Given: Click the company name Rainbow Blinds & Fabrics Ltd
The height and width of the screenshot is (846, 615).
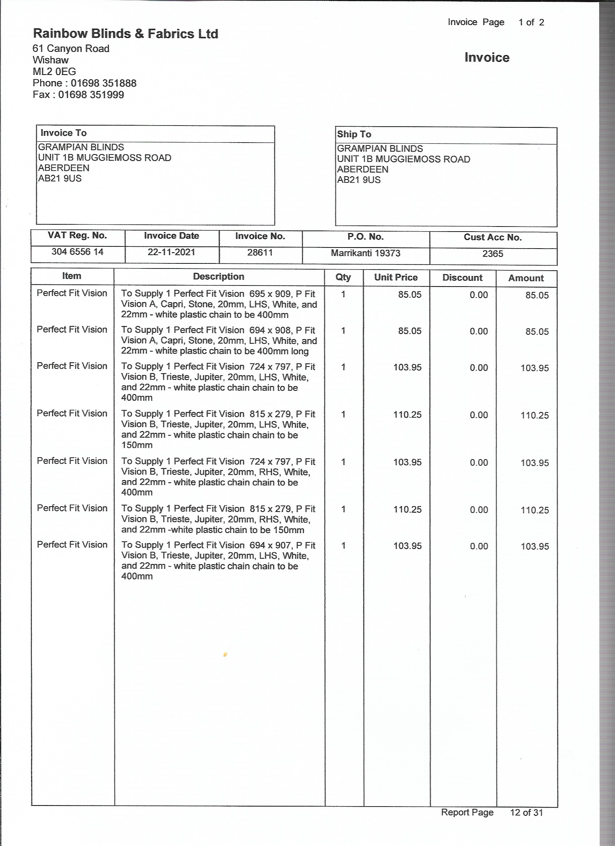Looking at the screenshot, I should (125, 34).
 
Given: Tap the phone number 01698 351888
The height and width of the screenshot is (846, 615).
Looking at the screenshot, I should (103, 83).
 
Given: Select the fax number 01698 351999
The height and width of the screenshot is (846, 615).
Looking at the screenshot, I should (91, 95).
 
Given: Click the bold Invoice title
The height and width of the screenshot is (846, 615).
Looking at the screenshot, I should (487, 58).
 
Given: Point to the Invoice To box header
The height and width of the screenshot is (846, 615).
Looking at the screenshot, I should (63, 133).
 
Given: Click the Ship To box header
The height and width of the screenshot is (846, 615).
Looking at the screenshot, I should (354, 134).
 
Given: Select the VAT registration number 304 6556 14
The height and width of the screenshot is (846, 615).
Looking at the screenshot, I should (77, 252).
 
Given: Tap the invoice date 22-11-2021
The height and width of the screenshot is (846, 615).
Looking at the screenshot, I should (171, 252).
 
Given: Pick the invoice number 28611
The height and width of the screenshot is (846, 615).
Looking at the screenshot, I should (260, 253).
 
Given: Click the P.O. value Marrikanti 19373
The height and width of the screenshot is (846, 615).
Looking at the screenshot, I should (365, 253).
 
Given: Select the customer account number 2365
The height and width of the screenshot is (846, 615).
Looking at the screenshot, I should (493, 254).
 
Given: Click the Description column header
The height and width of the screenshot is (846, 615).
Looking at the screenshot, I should (219, 276).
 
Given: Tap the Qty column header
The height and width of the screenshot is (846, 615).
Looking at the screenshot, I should (343, 277).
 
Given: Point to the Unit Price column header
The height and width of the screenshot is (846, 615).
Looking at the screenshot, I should (396, 278).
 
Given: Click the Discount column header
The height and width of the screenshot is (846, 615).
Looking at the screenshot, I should (462, 278).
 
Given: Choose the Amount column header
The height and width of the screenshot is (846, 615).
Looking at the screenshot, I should (526, 278).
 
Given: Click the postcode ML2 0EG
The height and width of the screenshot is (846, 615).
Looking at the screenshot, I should (55, 72).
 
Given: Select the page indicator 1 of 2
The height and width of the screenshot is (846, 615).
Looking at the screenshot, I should (531, 22).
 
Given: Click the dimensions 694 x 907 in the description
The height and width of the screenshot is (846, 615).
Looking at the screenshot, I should (270, 545).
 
